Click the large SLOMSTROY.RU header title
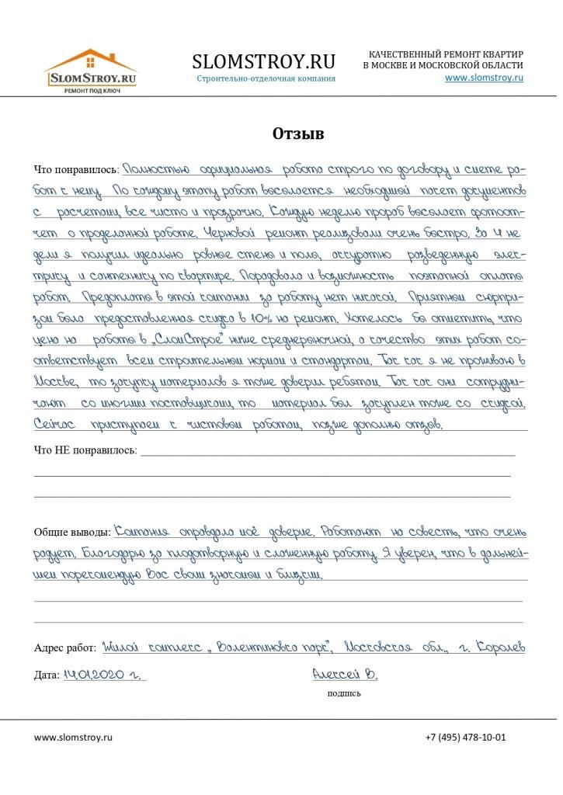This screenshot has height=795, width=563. coord(263,61)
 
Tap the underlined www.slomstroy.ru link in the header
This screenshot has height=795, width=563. coord(484,78)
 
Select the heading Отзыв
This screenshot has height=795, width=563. coord(298,134)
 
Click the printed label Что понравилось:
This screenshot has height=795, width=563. coord(75,170)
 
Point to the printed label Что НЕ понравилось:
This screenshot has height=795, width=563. coord(85,450)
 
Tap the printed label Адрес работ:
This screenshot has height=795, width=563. coord(65,647)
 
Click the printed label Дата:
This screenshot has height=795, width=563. coord(46,675)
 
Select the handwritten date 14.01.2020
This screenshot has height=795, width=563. coord(101,675)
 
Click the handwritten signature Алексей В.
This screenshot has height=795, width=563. coord(344,674)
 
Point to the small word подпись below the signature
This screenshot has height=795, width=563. coord(344,693)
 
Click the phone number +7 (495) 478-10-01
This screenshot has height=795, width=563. coord(465,737)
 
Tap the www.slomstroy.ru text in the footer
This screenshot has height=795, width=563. coord(73,737)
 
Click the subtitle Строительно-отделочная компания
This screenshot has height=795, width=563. coord(266,78)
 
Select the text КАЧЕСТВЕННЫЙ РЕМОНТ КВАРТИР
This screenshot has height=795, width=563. coord(446,54)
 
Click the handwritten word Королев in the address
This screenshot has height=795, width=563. coord(500,647)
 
